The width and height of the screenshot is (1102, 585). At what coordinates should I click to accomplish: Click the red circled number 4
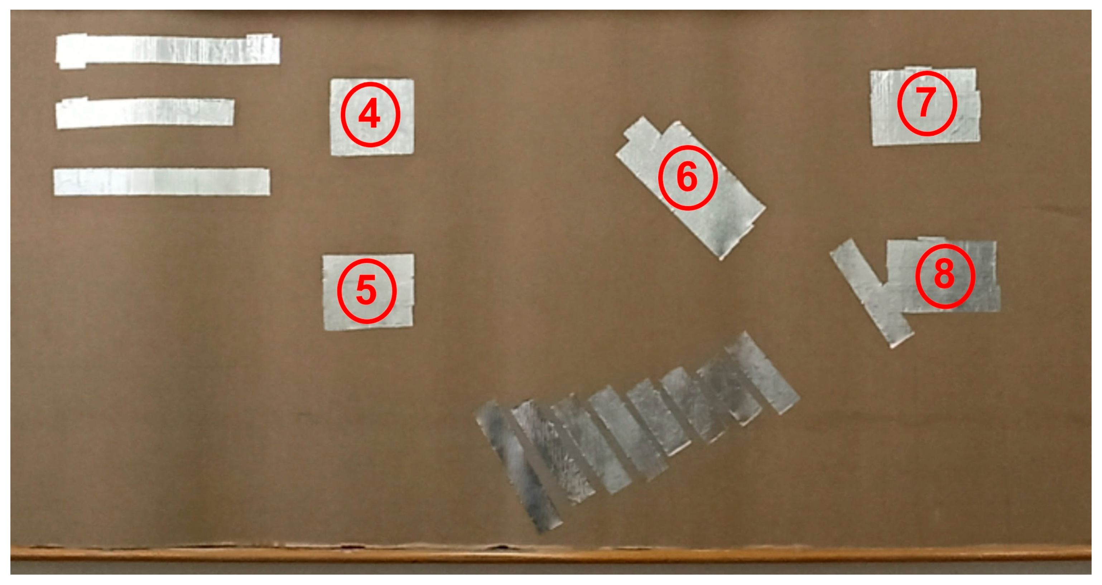tap(370, 115)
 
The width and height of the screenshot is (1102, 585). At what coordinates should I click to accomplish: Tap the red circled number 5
tap(367, 291)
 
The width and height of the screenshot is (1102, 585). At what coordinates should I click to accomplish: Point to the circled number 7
tap(927, 103)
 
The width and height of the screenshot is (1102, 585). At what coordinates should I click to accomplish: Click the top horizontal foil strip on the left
tap(168, 50)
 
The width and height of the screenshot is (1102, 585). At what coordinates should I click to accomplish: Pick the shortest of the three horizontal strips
tap(145, 113)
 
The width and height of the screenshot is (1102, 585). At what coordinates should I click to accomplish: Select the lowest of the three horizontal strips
tap(162, 182)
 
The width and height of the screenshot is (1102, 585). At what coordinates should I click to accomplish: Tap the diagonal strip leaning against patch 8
tap(872, 293)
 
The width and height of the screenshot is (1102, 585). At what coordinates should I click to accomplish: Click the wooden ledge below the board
tap(551, 554)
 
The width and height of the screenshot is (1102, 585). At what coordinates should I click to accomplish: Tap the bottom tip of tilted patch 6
tap(721, 259)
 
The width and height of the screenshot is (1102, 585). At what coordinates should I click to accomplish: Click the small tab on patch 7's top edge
tap(918, 68)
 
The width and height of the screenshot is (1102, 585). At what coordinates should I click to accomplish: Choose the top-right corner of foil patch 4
tap(413, 79)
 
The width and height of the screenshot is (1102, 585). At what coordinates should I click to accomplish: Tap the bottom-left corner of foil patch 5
tap(324, 330)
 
